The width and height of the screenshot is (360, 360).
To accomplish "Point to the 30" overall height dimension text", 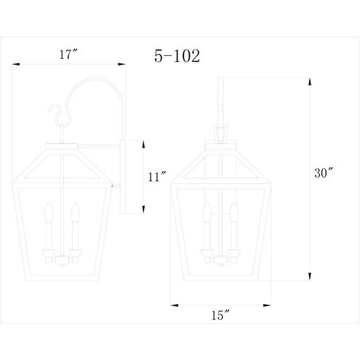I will point(325,174).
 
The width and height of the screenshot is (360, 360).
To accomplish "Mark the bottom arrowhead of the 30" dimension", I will point(311,276).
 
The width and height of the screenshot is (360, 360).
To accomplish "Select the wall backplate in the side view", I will point(124,176).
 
